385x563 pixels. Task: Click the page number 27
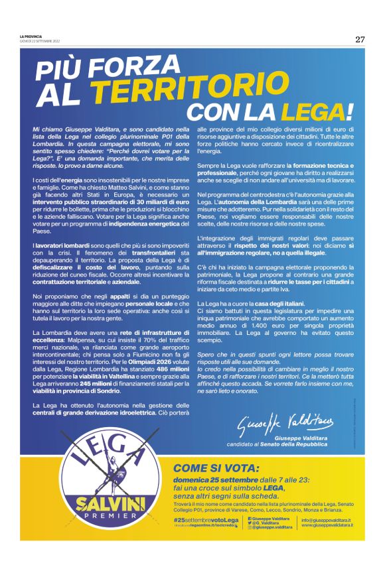[359, 39]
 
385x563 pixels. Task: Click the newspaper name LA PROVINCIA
[31, 36]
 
